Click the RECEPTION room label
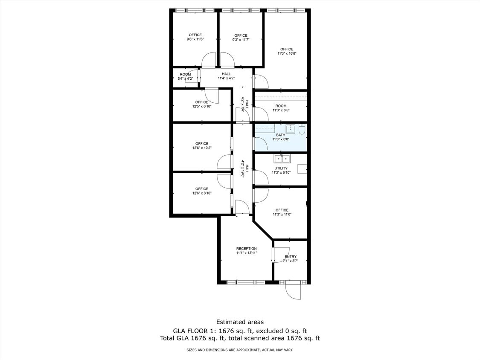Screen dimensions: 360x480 [x=247, y=249]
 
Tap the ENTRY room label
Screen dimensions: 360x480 [x=291, y=257]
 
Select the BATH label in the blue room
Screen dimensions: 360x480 [x=280, y=135]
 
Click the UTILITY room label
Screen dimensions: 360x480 [x=281, y=168]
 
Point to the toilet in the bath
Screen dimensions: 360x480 [x=302, y=129]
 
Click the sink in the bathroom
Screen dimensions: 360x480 [x=291, y=128]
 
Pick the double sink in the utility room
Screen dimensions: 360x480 [x=282, y=159]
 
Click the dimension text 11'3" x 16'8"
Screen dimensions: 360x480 [x=287, y=53]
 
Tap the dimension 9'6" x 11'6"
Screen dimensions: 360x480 [x=195, y=39]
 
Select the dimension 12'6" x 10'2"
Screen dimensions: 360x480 [x=202, y=148]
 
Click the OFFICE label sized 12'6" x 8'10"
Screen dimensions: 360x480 [x=202, y=189]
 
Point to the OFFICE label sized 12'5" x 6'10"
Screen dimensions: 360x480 [x=202, y=102]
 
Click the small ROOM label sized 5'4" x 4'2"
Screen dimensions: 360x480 [x=185, y=74]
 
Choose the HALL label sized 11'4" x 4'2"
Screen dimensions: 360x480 [x=226, y=74]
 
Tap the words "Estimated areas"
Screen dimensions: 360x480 [x=240, y=322]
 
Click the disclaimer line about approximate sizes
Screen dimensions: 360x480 [x=240, y=350]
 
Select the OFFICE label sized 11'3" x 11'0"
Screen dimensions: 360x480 [x=282, y=210]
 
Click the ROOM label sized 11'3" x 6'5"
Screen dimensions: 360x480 [x=281, y=106]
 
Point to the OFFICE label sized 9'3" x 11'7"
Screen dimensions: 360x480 [x=241, y=35]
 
